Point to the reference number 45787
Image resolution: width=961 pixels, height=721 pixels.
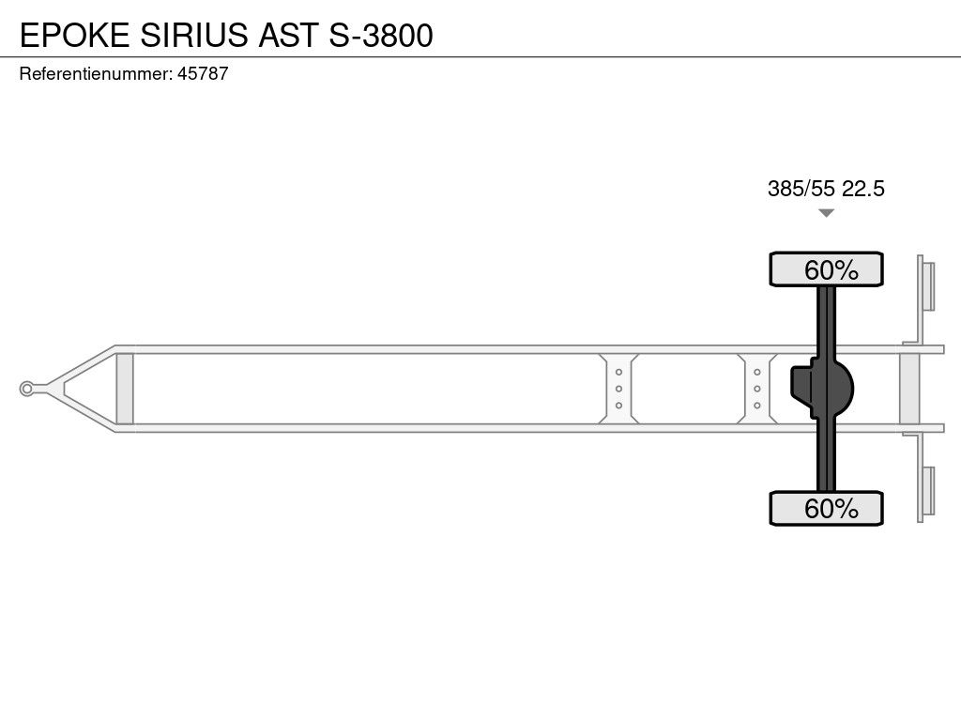(203, 74)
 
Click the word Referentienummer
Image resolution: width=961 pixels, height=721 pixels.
(95, 74)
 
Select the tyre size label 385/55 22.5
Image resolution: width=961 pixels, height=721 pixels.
(826, 189)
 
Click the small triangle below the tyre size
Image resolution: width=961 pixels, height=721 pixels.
(826, 214)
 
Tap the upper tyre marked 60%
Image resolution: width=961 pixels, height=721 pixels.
(826, 269)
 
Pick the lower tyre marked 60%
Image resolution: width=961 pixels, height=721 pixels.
(826, 508)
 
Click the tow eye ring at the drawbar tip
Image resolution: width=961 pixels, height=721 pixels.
(27, 389)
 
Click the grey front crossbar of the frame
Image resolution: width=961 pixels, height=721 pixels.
(124, 389)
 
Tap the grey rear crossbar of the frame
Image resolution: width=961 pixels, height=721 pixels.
(909, 389)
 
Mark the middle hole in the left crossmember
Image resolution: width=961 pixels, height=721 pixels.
(618, 389)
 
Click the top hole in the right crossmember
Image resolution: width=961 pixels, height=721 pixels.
(756, 372)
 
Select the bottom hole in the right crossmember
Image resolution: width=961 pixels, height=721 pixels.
(756, 406)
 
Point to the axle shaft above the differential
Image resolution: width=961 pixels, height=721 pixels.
(826, 319)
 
